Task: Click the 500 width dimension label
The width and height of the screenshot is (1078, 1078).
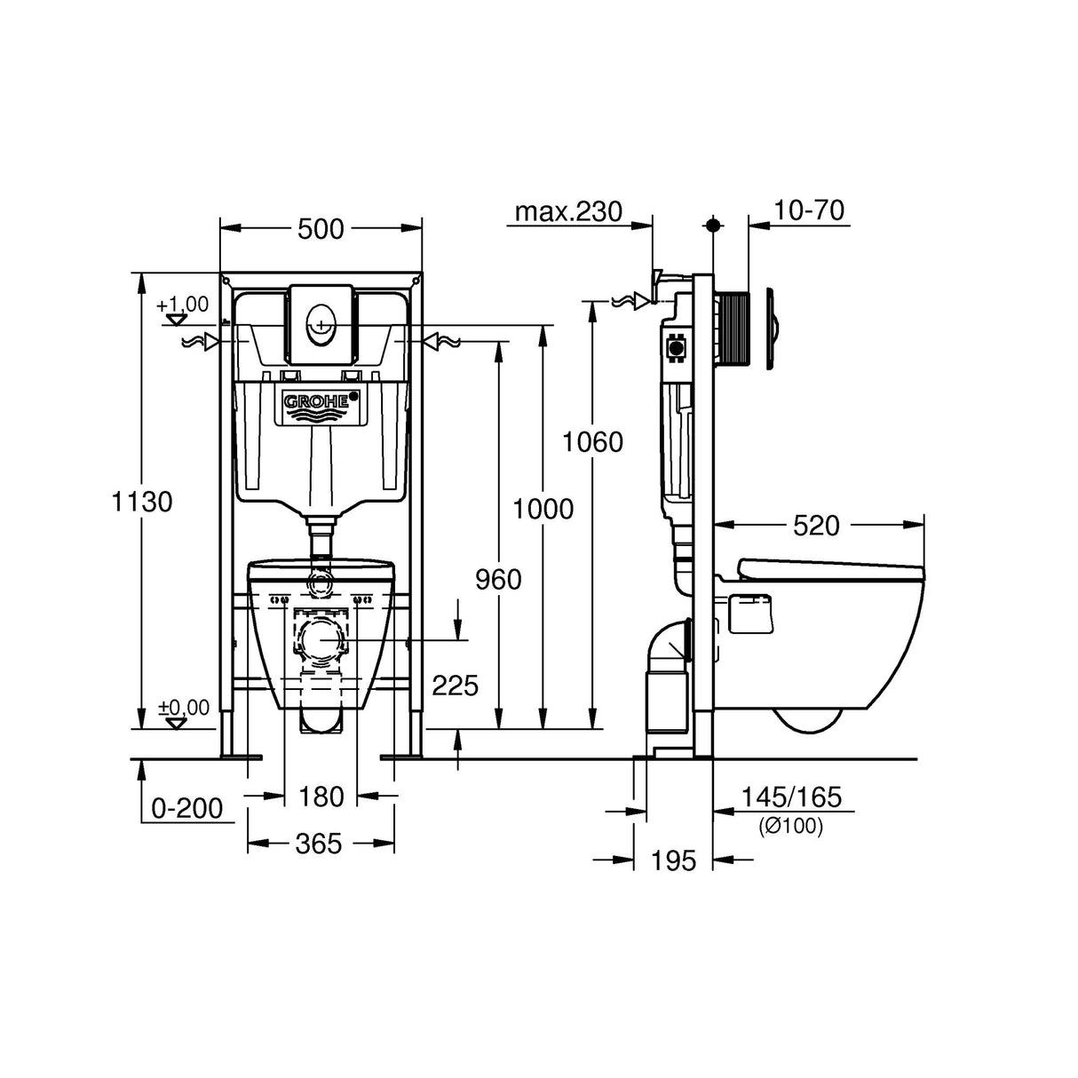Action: tap(321, 229)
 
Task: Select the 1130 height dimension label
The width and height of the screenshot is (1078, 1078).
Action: tap(142, 502)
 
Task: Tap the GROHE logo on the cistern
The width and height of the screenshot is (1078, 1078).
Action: tap(323, 402)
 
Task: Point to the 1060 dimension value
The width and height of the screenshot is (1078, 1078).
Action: tap(592, 441)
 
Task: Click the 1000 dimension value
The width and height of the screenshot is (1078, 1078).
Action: tap(543, 509)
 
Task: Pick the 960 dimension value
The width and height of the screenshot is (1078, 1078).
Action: tap(498, 579)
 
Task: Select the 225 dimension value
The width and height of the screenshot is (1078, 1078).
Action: tap(455, 685)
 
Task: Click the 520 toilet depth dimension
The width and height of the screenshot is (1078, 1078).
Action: tap(815, 526)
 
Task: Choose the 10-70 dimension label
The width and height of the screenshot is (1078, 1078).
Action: tap(809, 210)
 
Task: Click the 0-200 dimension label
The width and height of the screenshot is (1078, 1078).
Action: tap(186, 808)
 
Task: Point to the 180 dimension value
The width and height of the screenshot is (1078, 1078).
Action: tap(321, 797)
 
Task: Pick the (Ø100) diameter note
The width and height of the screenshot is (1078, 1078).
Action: tap(790, 826)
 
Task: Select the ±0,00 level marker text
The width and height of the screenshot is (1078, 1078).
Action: tap(184, 708)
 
